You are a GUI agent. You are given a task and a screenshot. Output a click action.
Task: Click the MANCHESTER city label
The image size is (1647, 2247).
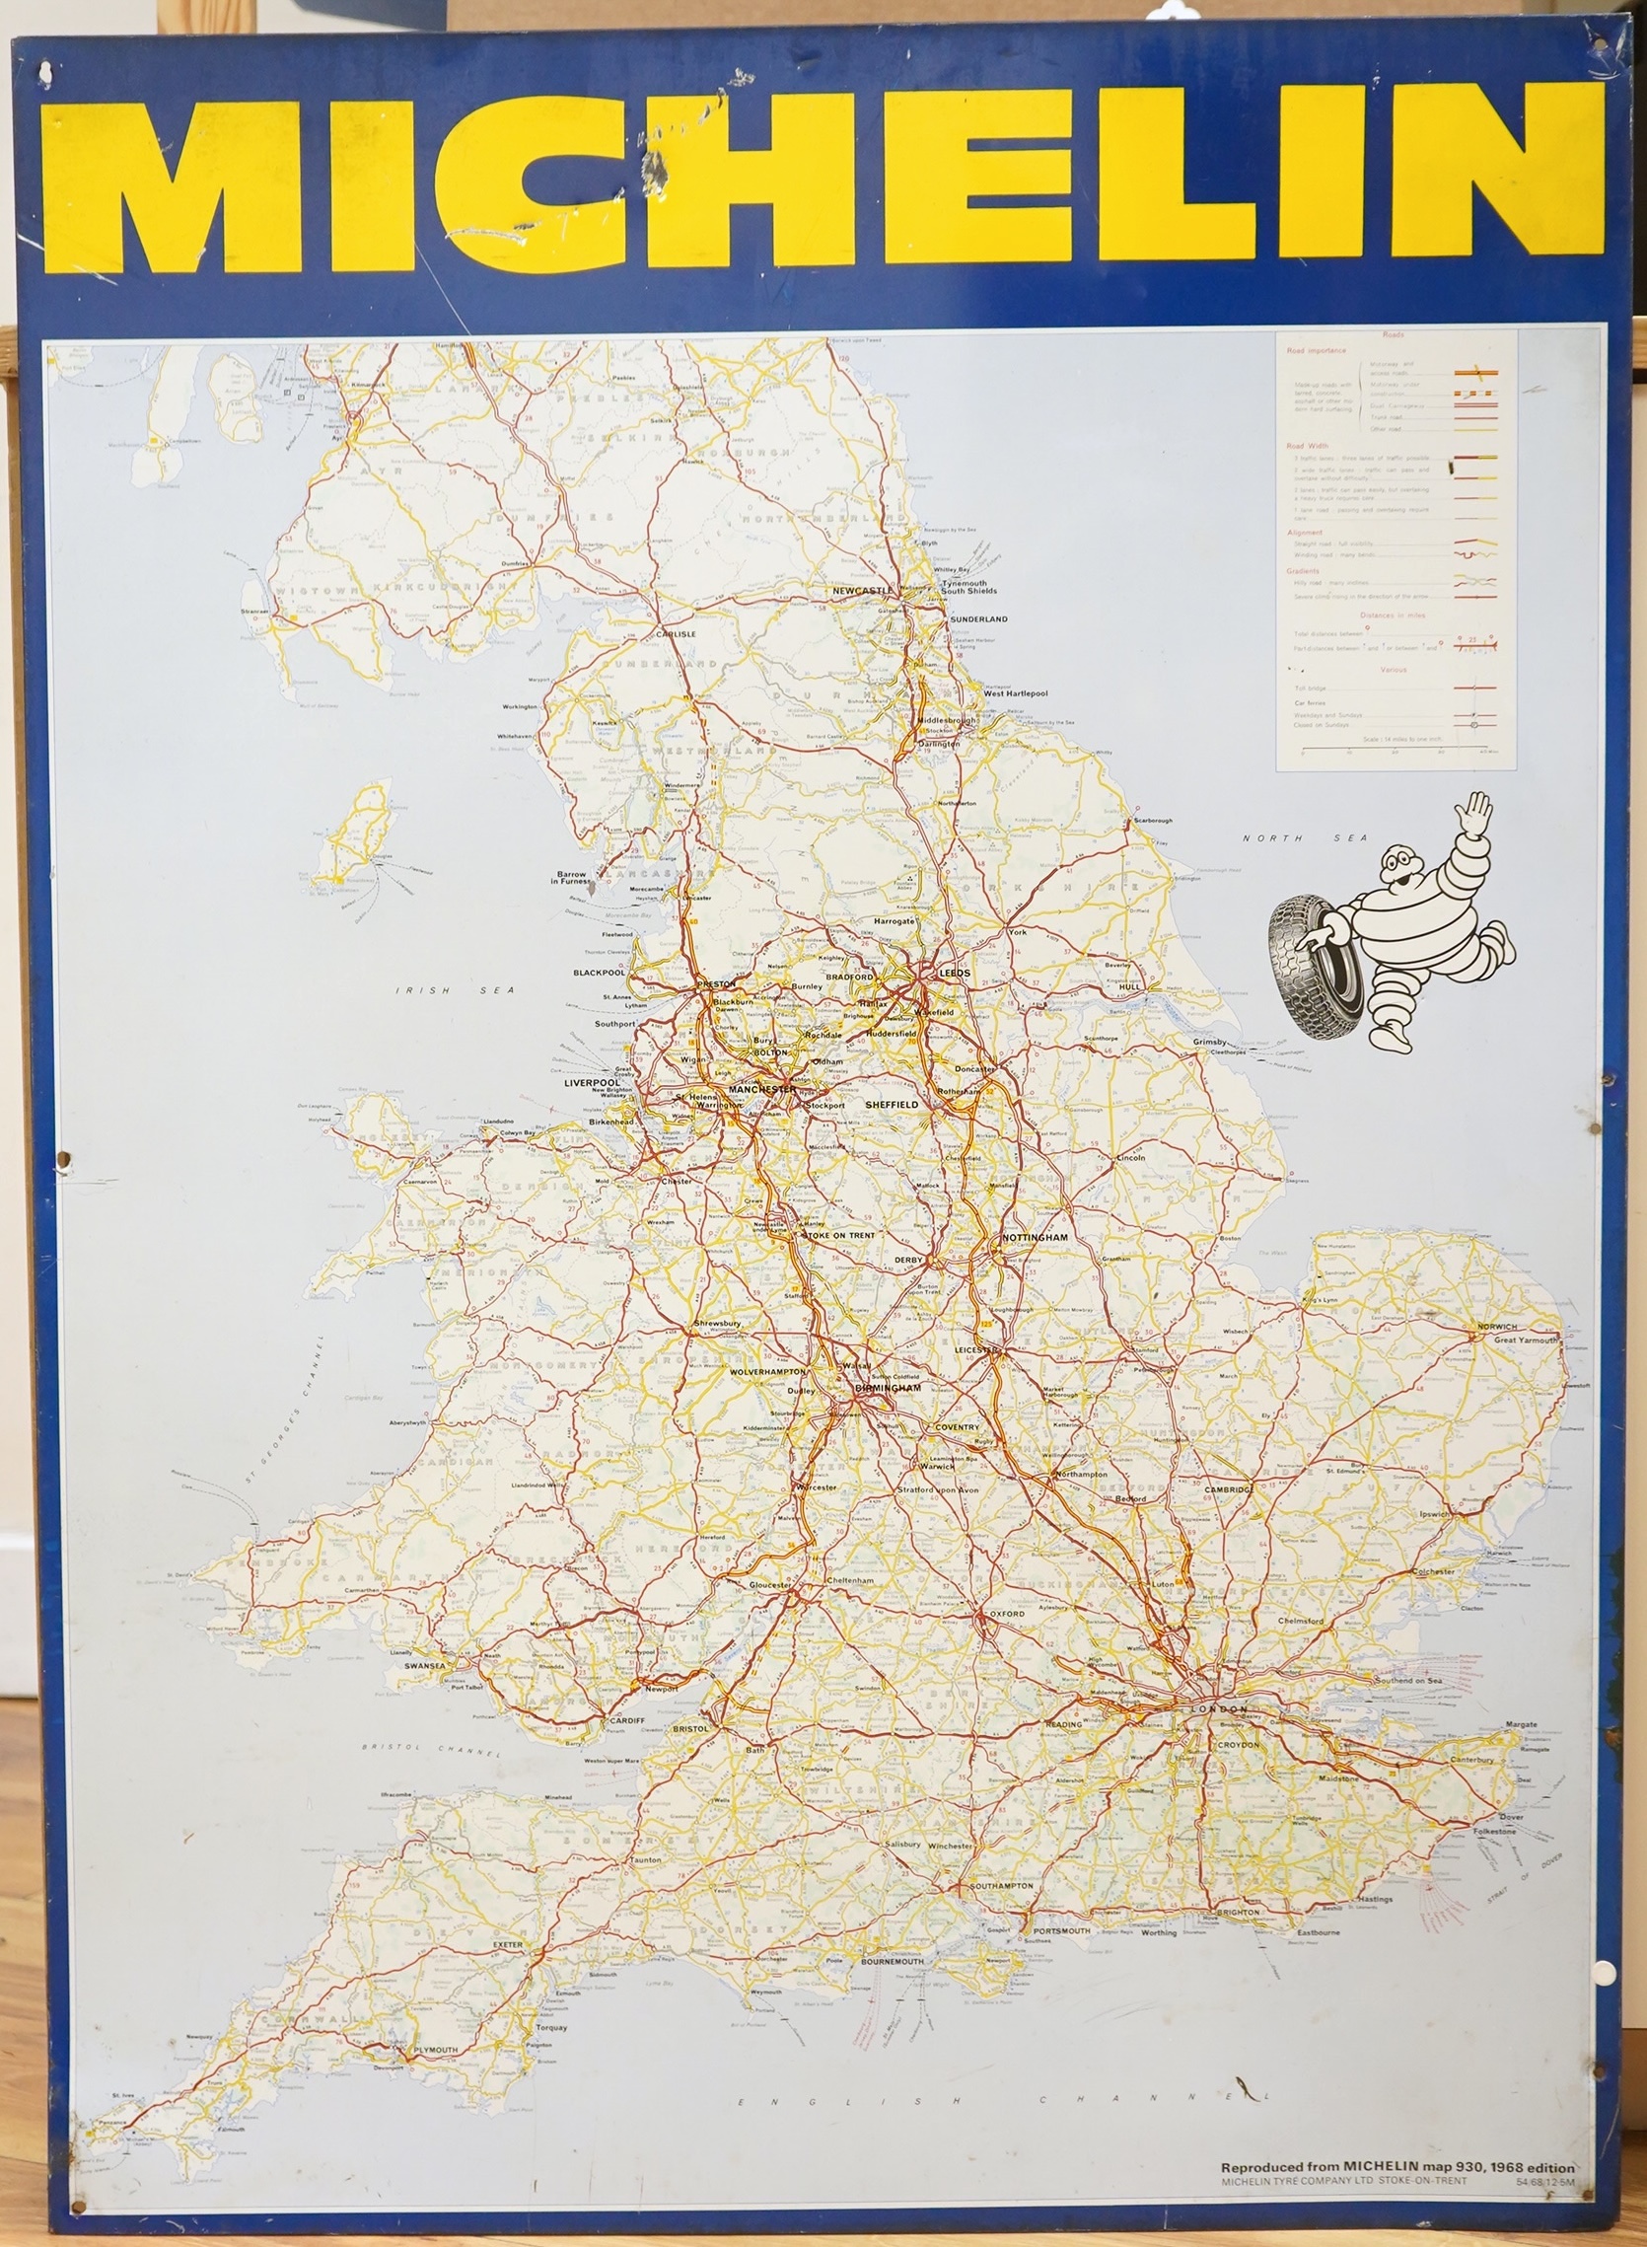[761, 1090]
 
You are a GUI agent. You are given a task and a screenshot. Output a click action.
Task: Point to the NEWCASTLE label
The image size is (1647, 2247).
[863, 590]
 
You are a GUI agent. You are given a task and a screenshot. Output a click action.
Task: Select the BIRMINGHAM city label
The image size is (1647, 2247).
[889, 1388]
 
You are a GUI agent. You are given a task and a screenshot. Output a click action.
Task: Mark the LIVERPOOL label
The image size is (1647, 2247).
[592, 1083]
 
